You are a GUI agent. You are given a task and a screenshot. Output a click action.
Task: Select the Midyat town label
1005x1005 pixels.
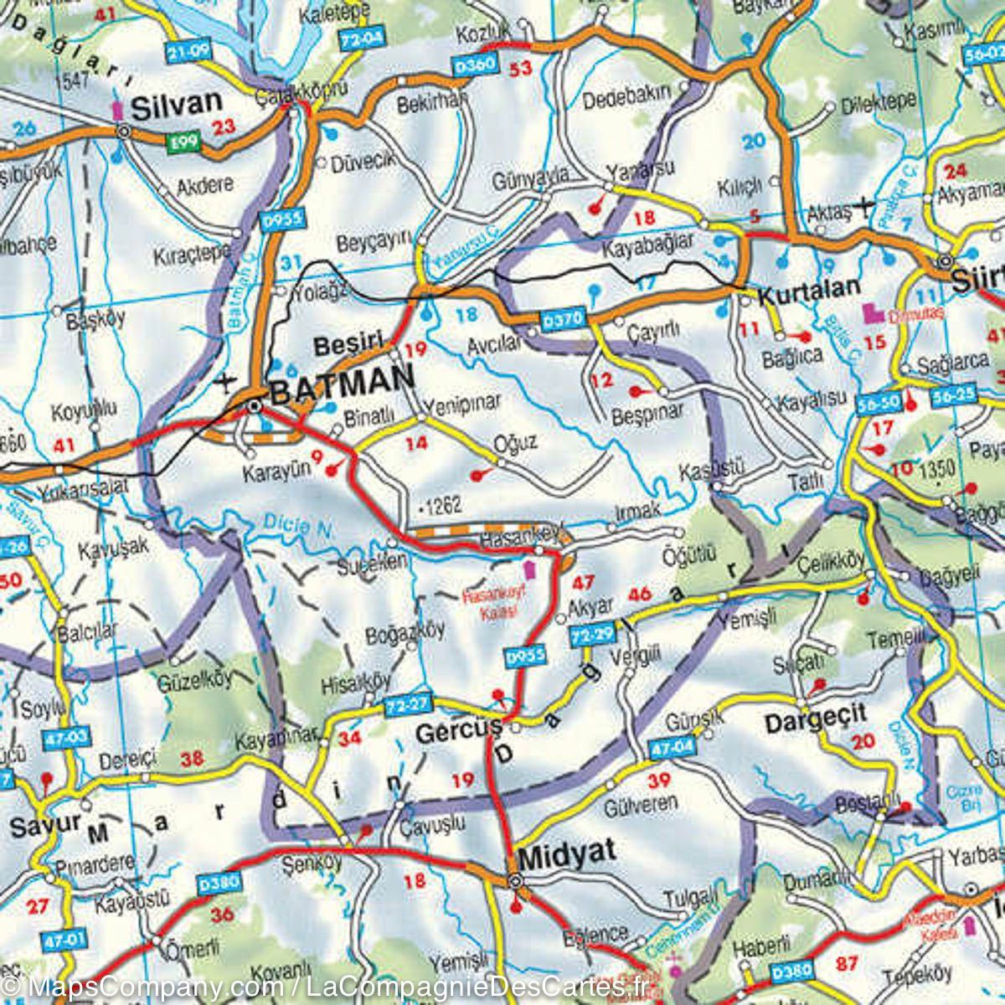click(x=567, y=853)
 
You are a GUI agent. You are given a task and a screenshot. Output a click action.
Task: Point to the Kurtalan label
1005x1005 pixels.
click(x=809, y=287)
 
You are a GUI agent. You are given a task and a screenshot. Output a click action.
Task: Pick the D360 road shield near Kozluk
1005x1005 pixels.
click(x=474, y=64)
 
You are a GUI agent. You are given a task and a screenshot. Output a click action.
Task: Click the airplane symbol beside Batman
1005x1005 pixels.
click(x=224, y=383)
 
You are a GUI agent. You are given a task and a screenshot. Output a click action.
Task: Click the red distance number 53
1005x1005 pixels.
click(x=520, y=69)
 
